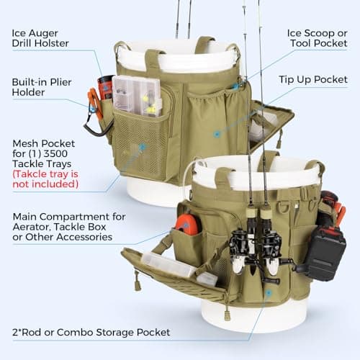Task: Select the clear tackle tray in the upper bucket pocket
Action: pyautogui.click(x=136, y=94)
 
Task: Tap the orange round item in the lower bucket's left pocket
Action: pyautogui.click(x=186, y=225)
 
